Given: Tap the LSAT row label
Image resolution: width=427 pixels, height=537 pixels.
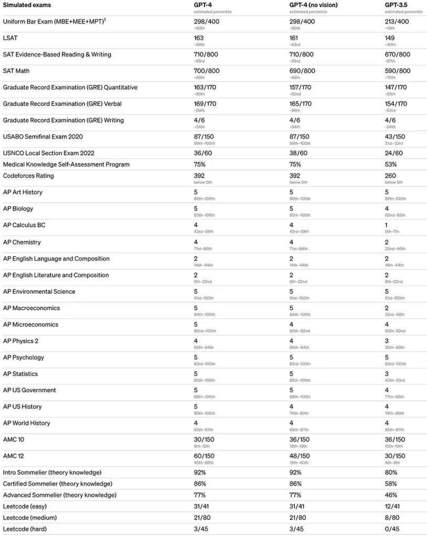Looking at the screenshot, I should click(10, 38).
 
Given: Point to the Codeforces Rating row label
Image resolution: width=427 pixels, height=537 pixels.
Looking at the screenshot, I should click(28, 176).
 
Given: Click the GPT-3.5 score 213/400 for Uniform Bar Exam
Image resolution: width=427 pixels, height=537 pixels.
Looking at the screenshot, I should click(397, 22).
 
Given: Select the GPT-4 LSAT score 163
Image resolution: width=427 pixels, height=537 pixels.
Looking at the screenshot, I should click(199, 38).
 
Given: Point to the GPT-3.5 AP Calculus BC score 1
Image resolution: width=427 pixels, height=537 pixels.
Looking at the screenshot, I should click(387, 225).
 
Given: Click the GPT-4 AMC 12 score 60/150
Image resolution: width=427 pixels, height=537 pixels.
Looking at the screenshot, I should click(205, 456).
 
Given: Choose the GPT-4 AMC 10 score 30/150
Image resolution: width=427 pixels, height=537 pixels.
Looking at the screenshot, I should click(205, 439).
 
